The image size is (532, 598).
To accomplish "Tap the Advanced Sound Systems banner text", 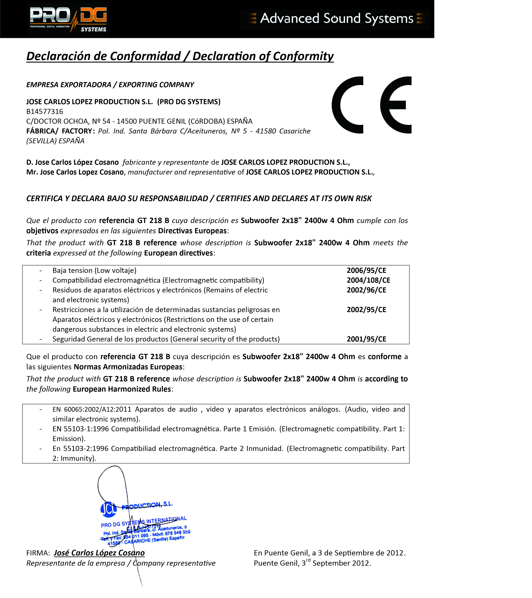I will tap(336, 18).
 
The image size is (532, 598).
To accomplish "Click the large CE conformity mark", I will tap(371, 105).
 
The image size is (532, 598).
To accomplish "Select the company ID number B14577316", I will tap(45, 111).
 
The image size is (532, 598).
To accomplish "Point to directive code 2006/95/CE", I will tap(366, 270).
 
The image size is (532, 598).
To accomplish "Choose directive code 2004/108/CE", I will tap(368, 280).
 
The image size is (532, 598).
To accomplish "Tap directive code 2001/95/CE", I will tap(366, 339).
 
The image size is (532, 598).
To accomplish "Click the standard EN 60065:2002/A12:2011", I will tap(92, 409).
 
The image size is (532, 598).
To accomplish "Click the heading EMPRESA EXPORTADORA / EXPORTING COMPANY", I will tap(110, 85).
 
